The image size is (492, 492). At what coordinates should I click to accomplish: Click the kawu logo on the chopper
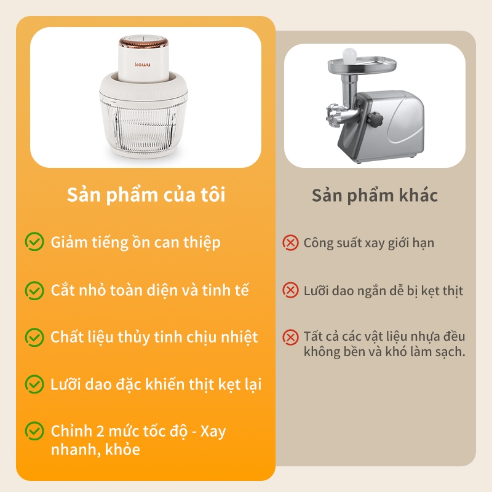pos(143,65)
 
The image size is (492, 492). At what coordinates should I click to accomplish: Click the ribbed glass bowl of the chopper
pos(143,124)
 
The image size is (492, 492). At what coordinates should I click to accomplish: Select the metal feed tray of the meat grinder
pos(362,65)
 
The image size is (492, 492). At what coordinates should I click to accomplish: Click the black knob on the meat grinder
pos(375,119)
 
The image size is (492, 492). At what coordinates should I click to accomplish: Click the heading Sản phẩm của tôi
pos(146,195)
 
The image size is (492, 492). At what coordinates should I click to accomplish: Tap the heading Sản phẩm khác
pos(375,196)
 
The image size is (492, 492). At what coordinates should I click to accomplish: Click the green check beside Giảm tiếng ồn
pos(34,242)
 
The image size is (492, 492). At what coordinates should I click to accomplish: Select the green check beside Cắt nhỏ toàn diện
pos(34,290)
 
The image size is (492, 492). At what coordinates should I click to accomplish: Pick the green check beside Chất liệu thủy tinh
pos(34,337)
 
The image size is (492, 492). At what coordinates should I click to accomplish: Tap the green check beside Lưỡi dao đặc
pos(34,384)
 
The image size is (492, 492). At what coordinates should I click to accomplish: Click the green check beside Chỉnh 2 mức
pos(34,431)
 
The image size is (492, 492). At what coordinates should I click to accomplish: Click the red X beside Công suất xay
pos(290,243)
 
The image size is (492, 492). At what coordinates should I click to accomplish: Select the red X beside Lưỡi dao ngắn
pos(290,290)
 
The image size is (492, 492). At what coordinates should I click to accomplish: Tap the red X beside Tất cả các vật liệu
pos(290,337)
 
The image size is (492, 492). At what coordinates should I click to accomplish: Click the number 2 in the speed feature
pos(100,431)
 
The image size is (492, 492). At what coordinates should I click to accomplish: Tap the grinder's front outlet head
pos(334,115)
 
